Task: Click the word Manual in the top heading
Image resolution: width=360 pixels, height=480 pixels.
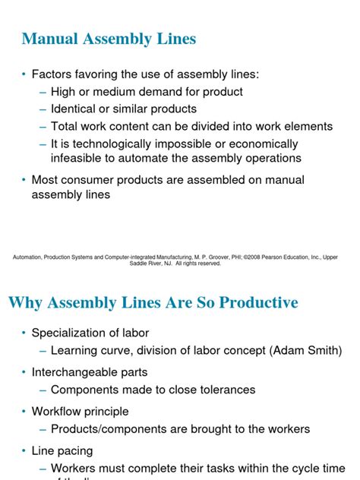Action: tap(51, 39)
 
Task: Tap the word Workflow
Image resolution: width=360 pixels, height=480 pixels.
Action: tap(57, 412)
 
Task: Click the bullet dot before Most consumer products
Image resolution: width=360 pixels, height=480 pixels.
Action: tap(24, 180)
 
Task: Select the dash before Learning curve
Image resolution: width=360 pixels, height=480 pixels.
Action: tap(43, 350)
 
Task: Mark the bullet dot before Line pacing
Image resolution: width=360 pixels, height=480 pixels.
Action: tap(24, 451)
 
